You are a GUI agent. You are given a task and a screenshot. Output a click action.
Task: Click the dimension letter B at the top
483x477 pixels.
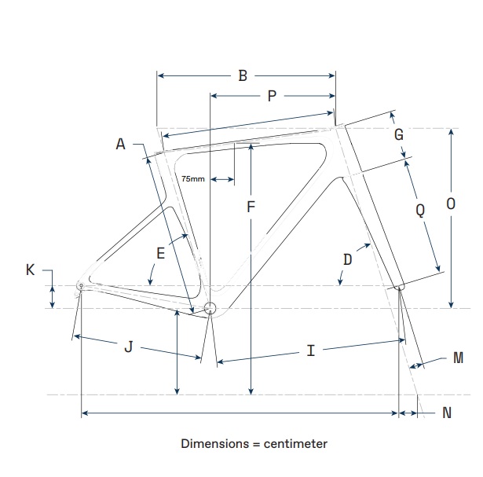tap(243, 75)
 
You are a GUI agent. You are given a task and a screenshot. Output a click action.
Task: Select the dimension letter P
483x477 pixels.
tap(272, 96)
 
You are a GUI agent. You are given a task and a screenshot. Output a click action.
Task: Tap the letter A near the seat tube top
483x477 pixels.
tap(120, 144)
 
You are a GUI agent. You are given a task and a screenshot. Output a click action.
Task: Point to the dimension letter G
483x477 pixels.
tap(399, 134)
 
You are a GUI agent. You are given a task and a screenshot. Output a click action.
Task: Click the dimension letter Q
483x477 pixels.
tap(420, 210)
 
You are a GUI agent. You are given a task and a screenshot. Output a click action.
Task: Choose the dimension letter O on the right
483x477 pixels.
tap(450, 204)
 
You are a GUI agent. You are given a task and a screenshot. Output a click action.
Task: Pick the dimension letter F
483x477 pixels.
tap(251, 207)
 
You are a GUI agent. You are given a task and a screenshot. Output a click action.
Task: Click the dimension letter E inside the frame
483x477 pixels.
tap(160, 253)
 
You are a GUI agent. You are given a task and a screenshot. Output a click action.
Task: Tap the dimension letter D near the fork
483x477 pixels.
tap(347, 258)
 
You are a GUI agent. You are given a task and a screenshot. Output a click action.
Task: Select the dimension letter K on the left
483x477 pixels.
tap(31, 270)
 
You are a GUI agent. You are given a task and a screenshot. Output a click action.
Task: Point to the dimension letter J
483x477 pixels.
tap(129, 347)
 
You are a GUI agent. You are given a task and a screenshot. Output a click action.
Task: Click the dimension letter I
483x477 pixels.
tap(311, 350)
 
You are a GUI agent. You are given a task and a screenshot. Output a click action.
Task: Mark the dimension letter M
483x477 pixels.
tap(458, 358)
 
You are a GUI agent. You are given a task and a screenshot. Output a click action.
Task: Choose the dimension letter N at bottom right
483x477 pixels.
tap(447, 413)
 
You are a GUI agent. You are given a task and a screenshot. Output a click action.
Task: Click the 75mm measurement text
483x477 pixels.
tap(193, 179)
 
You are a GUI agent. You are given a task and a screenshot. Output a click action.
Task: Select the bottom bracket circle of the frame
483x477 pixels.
tap(210, 308)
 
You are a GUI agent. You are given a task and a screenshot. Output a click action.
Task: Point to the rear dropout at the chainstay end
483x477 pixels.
tap(80, 286)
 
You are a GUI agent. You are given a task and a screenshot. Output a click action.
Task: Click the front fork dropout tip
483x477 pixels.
tap(399, 288)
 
